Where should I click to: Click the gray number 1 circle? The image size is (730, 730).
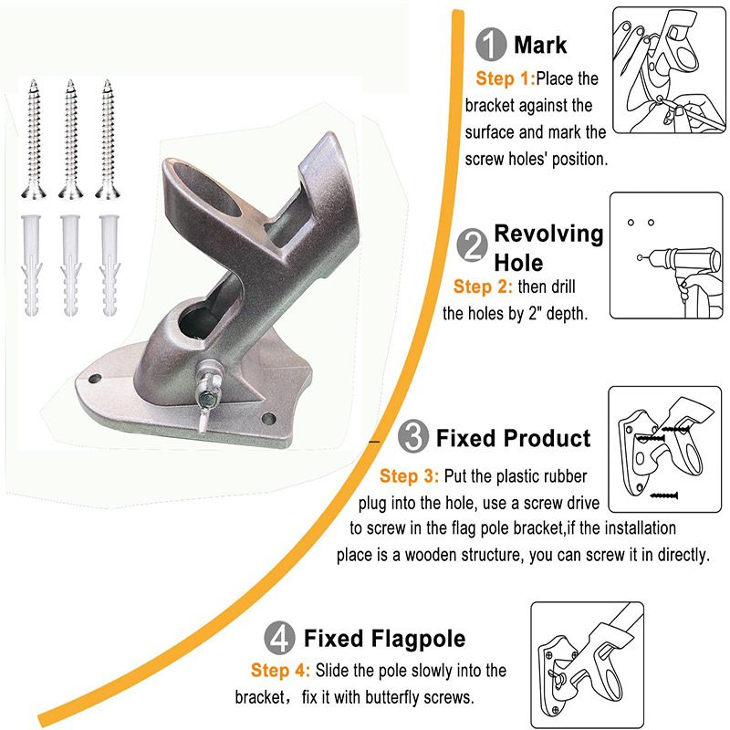[x=491, y=44]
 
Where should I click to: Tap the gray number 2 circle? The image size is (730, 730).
[x=472, y=245]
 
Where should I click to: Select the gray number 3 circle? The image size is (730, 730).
[x=413, y=436]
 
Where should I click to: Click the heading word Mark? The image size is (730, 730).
[x=540, y=45]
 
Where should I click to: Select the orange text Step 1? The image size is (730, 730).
[x=506, y=78]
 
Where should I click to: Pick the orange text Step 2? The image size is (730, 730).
[x=484, y=287]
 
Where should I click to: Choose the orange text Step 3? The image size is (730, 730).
[x=409, y=475]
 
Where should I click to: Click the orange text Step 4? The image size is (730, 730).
[x=280, y=670]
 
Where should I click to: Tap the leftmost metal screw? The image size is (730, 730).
[x=33, y=139]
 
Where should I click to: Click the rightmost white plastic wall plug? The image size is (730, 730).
[x=109, y=266]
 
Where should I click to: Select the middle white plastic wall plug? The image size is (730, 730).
[x=70, y=266]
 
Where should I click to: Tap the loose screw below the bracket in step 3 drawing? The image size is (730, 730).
[x=663, y=495]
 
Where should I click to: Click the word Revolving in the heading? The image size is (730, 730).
[x=548, y=234]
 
